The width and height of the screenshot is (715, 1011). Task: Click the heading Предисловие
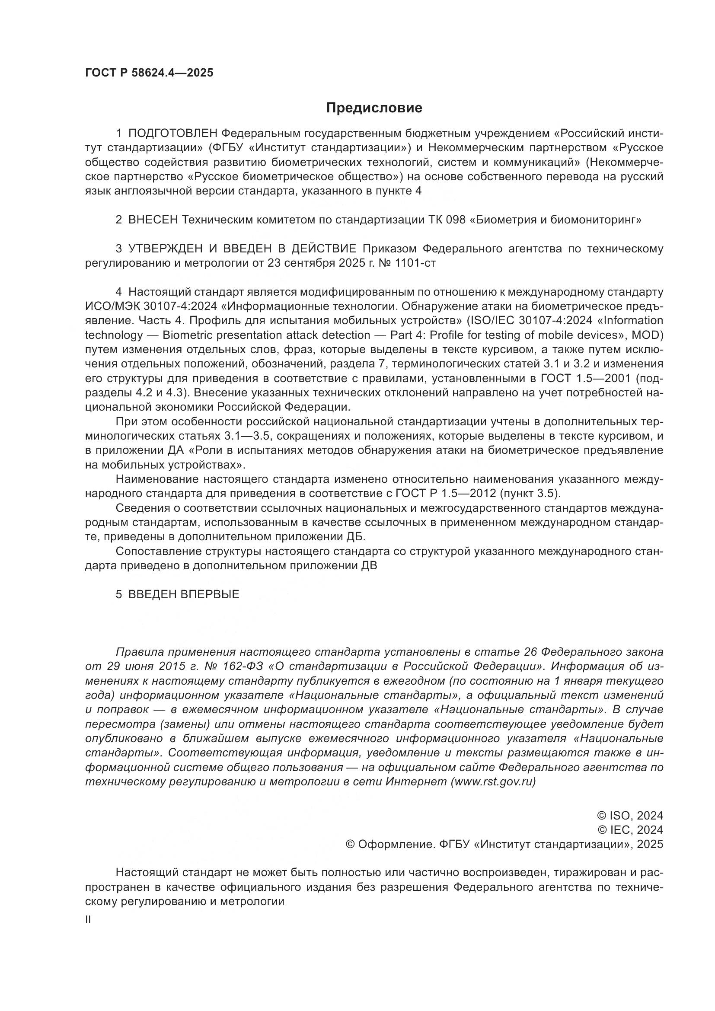pyautogui.click(x=374, y=108)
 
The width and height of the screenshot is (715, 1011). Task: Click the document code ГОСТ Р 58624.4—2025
pyautogui.click(x=149, y=73)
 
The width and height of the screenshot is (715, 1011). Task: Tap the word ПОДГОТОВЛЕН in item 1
pyautogui.click(x=173, y=134)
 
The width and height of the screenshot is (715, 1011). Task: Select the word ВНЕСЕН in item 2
pyautogui.click(x=153, y=220)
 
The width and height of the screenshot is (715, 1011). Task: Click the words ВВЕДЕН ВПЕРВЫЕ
pyautogui.click(x=184, y=594)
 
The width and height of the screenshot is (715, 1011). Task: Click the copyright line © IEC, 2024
pyautogui.click(x=629, y=829)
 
